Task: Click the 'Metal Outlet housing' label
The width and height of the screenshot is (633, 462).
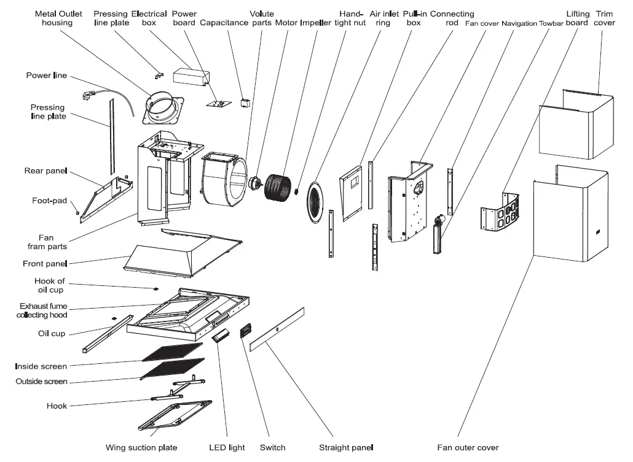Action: tap(58, 18)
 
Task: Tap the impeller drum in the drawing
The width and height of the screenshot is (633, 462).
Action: tap(278, 188)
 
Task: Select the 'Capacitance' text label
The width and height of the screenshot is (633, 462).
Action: tap(224, 23)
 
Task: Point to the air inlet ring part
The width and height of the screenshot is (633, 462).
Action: tap(316, 202)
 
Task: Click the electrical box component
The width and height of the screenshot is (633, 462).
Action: tap(191, 75)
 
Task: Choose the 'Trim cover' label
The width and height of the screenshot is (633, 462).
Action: tap(604, 18)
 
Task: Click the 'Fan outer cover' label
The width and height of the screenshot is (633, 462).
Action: tap(468, 447)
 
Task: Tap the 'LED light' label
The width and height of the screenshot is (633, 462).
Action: tap(227, 447)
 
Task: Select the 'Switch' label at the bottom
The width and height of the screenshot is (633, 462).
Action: tap(272, 447)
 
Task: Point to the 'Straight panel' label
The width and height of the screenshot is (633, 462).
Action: tap(346, 447)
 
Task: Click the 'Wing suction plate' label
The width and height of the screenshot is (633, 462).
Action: tap(141, 447)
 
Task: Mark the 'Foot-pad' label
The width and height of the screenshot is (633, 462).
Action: tap(49, 201)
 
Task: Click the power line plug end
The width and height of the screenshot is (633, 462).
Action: tap(87, 96)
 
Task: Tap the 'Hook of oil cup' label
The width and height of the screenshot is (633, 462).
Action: tap(50, 285)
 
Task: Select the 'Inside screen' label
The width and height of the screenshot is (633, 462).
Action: tap(41, 366)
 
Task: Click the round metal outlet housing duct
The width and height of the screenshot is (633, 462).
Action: tap(163, 108)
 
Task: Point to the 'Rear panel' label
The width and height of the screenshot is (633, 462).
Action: tap(45, 171)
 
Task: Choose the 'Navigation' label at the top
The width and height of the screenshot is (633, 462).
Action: tap(519, 23)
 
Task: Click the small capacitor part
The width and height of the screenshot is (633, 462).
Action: tap(245, 102)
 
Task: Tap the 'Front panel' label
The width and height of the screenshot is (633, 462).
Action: tap(45, 264)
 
